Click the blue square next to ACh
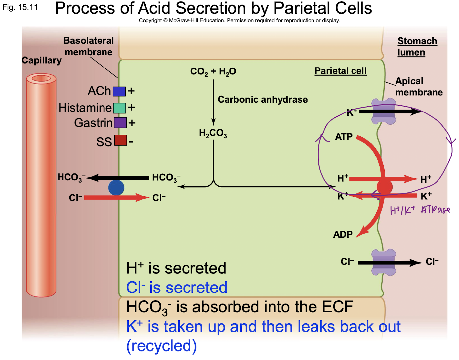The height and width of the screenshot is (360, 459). [x=119, y=91]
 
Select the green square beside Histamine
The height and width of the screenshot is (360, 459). [x=119, y=108]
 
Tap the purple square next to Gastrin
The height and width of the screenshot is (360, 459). [x=120, y=123]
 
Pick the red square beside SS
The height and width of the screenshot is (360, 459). [x=120, y=140]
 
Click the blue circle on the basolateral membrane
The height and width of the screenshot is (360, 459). [x=116, y=188]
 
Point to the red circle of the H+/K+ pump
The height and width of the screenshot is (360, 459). [x=384, y=187]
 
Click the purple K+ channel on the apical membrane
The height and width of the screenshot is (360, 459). [x=384, y=112]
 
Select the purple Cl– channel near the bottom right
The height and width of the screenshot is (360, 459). [x=384, y=263]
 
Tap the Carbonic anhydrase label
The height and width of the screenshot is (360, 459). [x=263, y=100]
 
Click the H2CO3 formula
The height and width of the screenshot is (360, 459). [x=213, y=133]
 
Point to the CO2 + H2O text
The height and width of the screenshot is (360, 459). [x=213, y=71]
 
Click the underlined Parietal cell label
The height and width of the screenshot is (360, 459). [x=341, y=71]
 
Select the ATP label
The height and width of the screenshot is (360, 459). [x=344, y=137]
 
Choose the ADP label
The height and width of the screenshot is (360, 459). [x=343, y=235]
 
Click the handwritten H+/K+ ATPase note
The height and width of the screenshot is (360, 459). [x=420, y=210]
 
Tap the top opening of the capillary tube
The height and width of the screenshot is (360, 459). [x=41, y=79]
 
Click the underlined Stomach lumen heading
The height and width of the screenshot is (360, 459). [x=417, y=47]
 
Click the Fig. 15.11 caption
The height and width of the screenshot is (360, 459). [x=20, y=7]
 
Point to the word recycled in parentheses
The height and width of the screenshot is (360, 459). [x=162, y=346]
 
